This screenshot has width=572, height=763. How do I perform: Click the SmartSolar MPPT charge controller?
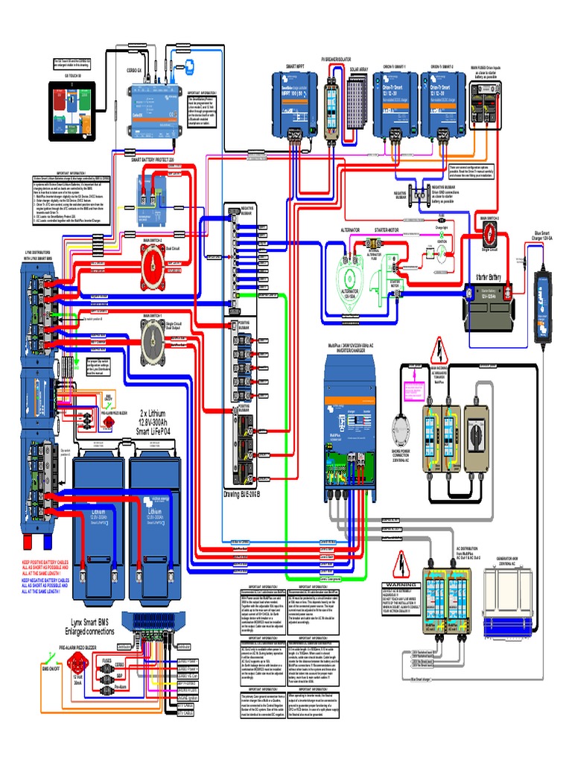(x=296, y=105)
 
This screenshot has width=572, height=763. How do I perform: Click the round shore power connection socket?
(x=404, y=431)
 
